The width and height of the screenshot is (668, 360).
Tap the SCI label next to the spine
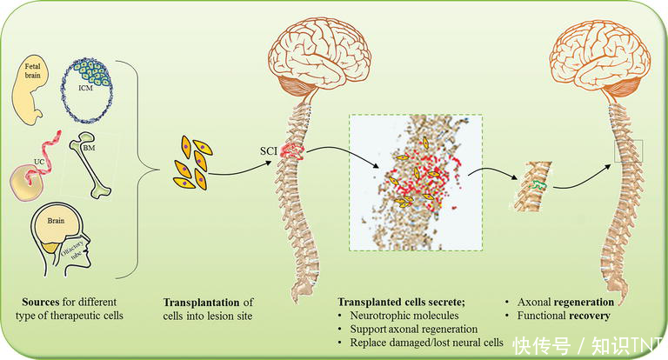tap(269, 151)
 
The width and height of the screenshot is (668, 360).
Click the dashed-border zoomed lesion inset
tap(414, 183)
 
